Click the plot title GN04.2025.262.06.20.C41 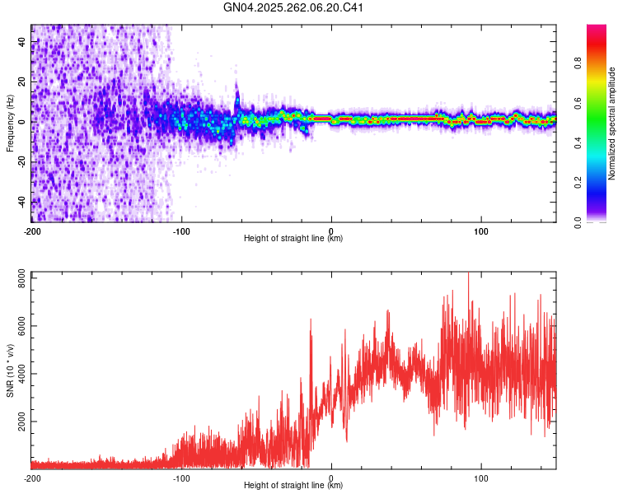pos(294,8)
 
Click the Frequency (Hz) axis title pos(10,123)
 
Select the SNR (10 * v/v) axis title pos(10,370)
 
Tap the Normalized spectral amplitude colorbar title pos(611,123)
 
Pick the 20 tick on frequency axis pos(22,82)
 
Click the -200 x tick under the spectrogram pos(32,231)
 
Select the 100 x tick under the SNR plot pos(482,478)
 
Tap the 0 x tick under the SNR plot pos(331,478)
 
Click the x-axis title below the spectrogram pos(293,239)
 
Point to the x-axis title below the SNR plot pos(293,486)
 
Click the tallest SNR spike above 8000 pos(468,275)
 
